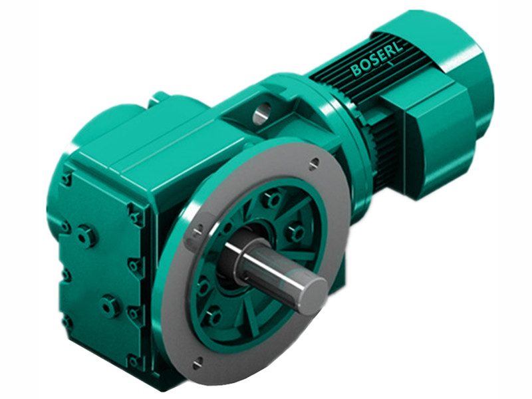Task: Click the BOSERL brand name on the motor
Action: point(376,59)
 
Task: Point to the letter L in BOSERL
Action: point(397,49)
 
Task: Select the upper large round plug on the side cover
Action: point(85,235)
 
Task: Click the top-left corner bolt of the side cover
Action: point(66,179)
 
